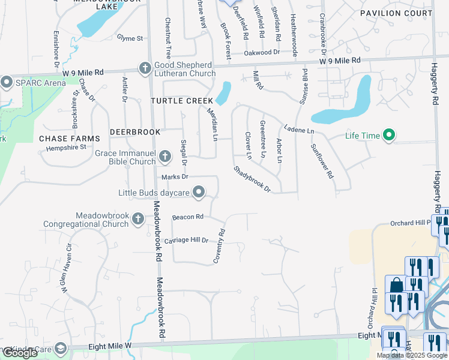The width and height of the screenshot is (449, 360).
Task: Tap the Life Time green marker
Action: [x=388, y=136]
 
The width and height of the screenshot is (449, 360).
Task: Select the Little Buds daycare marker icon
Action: [x=199, y=193]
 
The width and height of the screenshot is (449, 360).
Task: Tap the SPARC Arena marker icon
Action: [x=7, y=82]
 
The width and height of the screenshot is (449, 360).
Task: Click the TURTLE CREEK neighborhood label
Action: [x=182, y=101]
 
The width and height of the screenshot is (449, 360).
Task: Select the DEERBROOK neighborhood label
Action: [x=135, y=131]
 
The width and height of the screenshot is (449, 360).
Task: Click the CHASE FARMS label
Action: [x=69, y=139]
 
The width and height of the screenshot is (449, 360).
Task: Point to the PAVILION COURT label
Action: [x=396, y=13]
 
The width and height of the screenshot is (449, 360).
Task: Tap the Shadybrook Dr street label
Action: [x=252, y=179]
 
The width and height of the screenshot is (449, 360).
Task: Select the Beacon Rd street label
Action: [x=187, y=217]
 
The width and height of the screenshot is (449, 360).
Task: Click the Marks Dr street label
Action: [x=175, y=177]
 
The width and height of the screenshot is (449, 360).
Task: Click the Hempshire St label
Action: [x=66, y=147]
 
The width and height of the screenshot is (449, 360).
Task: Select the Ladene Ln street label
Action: [x=299, y=130]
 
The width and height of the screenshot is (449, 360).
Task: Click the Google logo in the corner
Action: [x=20, y=353]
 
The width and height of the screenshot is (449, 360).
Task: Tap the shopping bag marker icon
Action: [x=396, y=286]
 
